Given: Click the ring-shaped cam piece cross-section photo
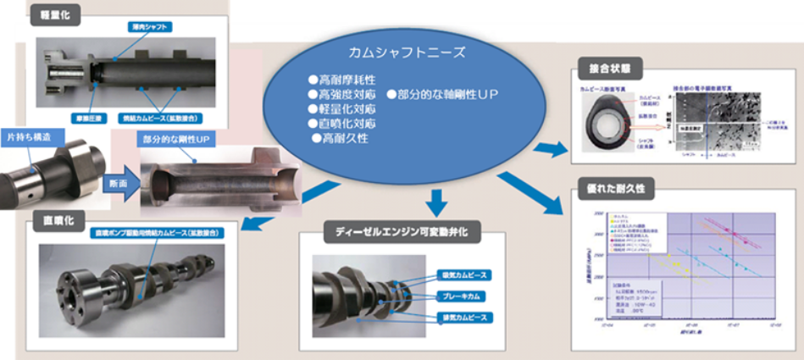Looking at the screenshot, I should (611, 121).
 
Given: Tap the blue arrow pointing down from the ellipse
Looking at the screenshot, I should (436, 202).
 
